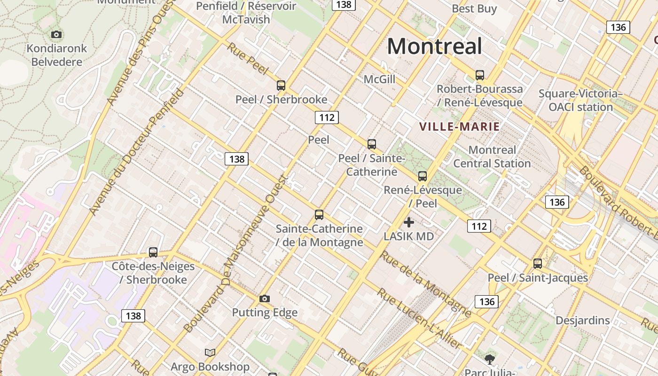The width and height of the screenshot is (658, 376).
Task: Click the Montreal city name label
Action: point(434,47)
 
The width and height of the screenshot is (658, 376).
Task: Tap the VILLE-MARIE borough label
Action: point(459,126)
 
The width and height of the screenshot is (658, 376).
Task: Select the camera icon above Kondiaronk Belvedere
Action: point(56,34)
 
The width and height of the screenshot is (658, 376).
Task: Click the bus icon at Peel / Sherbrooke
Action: point(281,86)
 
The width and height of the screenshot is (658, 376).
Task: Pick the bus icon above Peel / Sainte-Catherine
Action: point(372,144)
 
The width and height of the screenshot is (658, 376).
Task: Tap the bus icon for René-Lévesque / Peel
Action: point(423,176)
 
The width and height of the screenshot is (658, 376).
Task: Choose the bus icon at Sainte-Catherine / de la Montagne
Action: point(319,215)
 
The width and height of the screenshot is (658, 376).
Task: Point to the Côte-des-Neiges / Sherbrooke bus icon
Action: point(153,252)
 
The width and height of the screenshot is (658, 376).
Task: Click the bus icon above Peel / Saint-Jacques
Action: point(538,264)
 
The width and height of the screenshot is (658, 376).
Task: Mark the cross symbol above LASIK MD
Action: point(409,222)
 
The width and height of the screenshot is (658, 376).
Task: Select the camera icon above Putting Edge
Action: point(265,298)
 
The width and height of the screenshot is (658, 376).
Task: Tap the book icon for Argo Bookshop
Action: point(210,352)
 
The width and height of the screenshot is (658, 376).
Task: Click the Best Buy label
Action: point(474,8)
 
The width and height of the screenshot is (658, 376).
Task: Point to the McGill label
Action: point(379,79)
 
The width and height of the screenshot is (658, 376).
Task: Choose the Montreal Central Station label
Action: point(492,157)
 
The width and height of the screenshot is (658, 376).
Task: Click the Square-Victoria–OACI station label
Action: point(580,100)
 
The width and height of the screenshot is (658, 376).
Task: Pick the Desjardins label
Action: point(582,321)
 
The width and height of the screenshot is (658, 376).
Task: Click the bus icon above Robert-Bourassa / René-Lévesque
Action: point(480,75)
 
